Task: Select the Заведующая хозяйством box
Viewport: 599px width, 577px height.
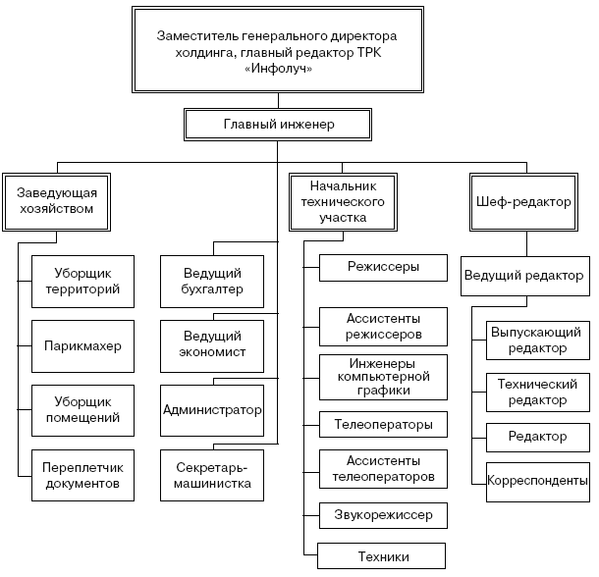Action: (x=56, y=201)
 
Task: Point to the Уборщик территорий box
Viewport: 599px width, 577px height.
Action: (x=82, y=282)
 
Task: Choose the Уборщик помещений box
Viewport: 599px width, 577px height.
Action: (x=82, y=409)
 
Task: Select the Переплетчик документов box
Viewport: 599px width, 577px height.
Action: (x=82, y=476)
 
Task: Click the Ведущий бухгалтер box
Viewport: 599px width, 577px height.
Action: (x=213, y=282)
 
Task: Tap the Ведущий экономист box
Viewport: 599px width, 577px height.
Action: (x=213, y=344)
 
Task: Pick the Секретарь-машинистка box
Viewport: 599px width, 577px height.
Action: (x=213, y=476)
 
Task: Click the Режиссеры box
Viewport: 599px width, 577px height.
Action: (x=383, y=266)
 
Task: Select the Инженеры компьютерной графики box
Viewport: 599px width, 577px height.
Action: (x=383, y=376)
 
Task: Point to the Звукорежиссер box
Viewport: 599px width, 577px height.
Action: (x=383, y=513)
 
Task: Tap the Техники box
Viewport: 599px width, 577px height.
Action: (x=383, y=557)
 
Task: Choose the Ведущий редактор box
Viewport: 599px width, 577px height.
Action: (x=522, y=276)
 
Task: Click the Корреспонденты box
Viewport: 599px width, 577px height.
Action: (x=537, y=481)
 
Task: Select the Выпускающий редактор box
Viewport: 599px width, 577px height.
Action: (x=537, y=340)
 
